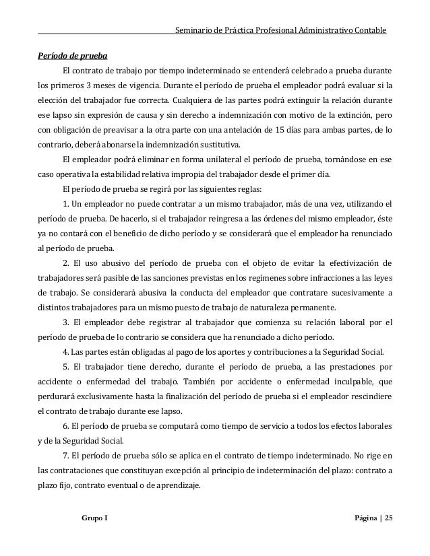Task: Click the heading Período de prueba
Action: pos(72,55)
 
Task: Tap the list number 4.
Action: pos(65,351)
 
